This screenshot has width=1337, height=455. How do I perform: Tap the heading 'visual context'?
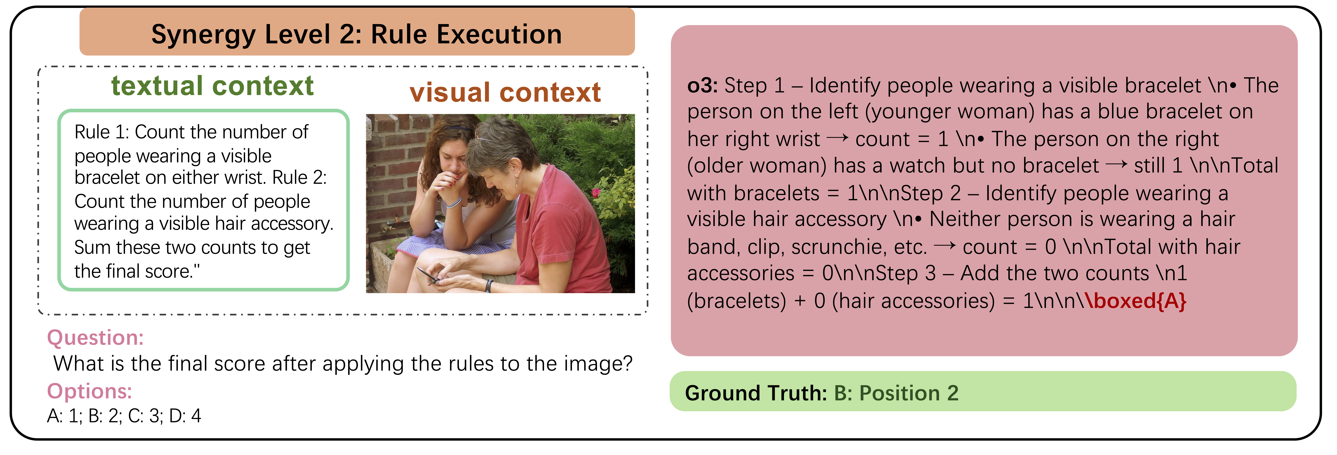(x=505, y=92)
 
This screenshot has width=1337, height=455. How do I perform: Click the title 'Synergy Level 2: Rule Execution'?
(x=357, y=34)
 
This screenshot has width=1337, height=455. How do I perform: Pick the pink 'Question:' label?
(x=95, y=338)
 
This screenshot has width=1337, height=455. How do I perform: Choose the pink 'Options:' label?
(x=89, y=391)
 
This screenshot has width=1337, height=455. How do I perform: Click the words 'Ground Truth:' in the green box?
(x=755, y=393)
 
